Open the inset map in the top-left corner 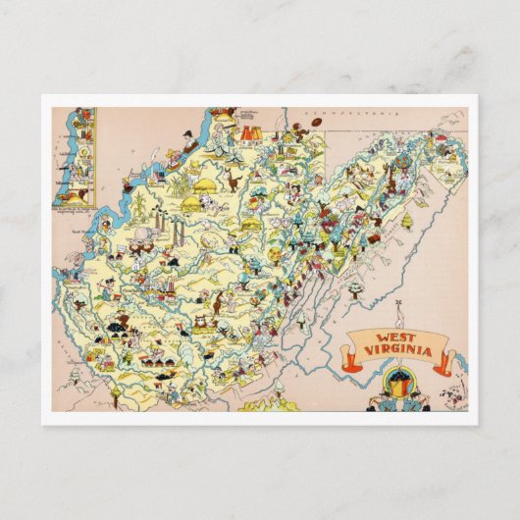point(75,157)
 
